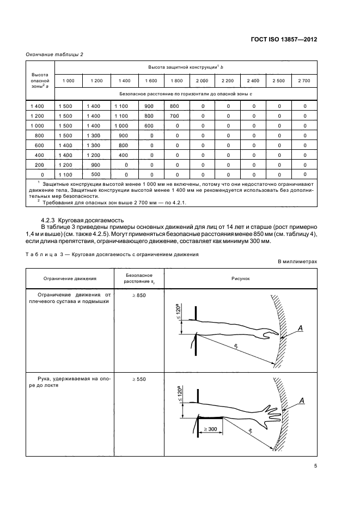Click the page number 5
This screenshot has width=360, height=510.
(315, 465)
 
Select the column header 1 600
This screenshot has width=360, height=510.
(150, 81)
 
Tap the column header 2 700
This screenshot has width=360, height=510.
(304, 81)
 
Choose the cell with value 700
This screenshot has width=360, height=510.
(174, 116)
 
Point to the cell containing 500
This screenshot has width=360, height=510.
(96, 174)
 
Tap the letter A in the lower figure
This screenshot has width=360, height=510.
(301, 402)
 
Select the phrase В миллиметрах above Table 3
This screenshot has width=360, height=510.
(297, 262)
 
